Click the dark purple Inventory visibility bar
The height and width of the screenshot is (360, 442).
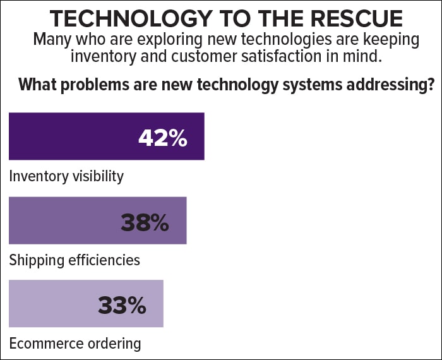tap(107, 136)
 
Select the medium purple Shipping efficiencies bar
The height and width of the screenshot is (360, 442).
tap(98, 220)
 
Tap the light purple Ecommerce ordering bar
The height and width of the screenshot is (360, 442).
tap(87, 304)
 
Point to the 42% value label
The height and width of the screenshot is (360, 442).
tap(163, 138)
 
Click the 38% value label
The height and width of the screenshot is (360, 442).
tap(145, 222)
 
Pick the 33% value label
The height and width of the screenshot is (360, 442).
tap(122, 306)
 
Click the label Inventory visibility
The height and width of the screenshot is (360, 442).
tap(66, 177)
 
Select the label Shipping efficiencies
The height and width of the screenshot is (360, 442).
tap(75, 260)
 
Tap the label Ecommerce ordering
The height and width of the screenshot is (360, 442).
tap(75, 344)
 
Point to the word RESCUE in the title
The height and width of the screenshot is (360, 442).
tap(357, 18)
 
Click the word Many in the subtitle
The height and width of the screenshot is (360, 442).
tap(52, 39)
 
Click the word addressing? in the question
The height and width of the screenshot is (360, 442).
tap(390, 85)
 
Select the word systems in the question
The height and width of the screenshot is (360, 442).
tap(313, 85)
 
